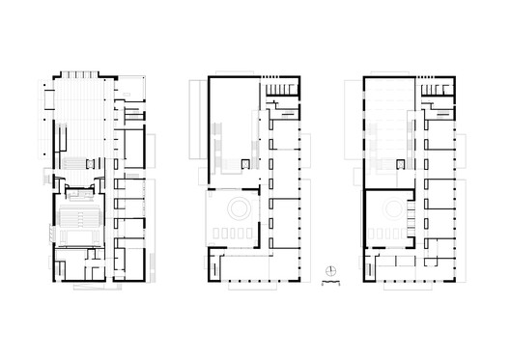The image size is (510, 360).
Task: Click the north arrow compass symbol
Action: point(329,268)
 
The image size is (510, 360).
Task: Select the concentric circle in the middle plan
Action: point(236,206)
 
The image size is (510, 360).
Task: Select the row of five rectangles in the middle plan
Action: point(234,232)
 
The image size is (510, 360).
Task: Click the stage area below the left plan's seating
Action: point(77,241)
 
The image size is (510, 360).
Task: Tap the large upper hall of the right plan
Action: point(390,130)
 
